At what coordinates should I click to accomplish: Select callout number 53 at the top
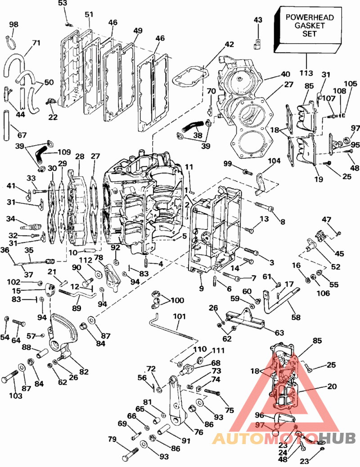coord(63,4)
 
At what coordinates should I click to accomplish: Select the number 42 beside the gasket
coord(229,44)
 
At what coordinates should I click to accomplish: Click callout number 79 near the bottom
coord(112,439)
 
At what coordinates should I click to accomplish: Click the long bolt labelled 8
coord(266,208)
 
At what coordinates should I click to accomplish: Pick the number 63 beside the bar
coord(279,332)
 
